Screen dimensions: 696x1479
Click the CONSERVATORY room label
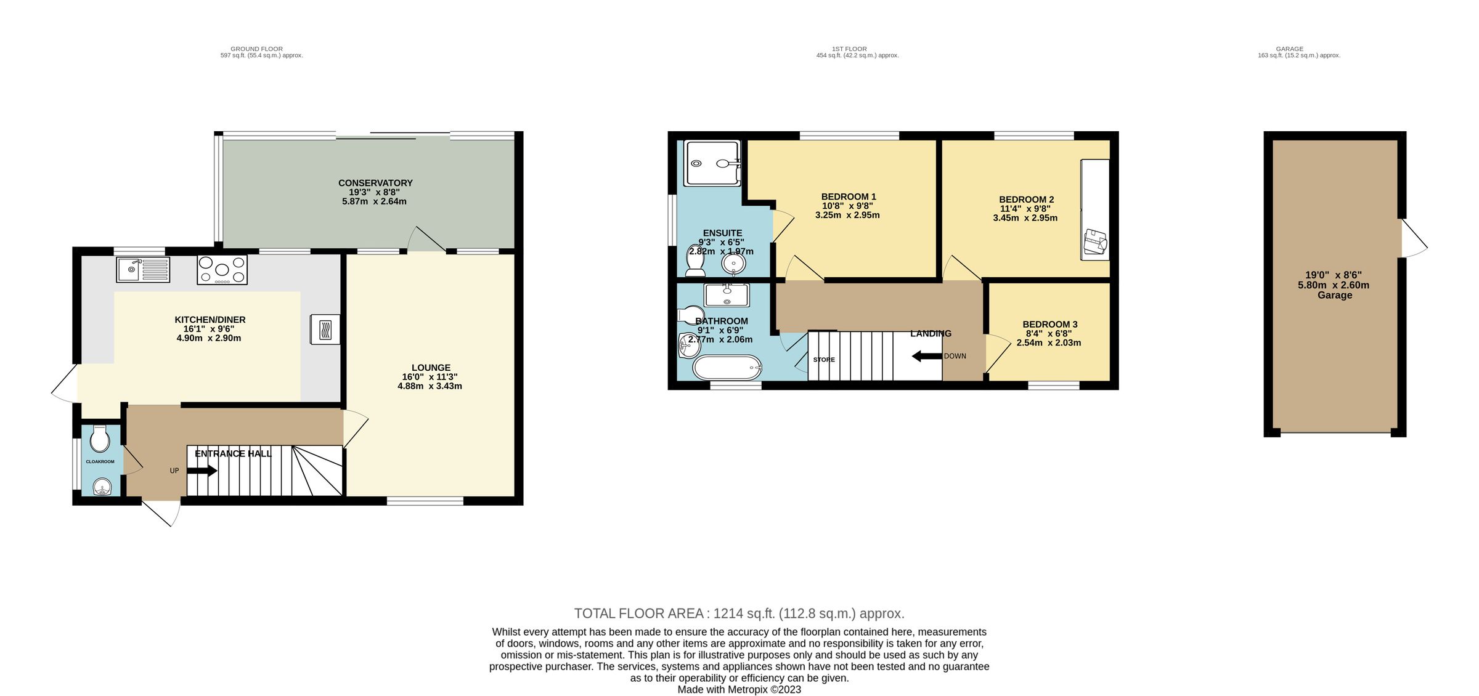[375, 183]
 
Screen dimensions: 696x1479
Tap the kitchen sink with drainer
[143, 270]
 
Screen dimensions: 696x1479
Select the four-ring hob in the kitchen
[222, 270]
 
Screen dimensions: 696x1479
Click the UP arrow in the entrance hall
[202, 471]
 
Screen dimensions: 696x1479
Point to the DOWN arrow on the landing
[927, 356]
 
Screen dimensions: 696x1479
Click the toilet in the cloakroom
[99, 440]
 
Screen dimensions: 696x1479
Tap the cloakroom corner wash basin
[101, 488]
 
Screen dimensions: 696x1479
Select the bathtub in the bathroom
[727, 368]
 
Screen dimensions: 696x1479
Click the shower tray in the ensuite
[712, 163]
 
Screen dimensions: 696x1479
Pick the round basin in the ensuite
[733, 264]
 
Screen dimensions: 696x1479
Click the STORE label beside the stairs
[823, 360]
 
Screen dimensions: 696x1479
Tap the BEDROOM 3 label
[1049, 325]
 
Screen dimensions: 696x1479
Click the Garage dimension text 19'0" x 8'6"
[1334, 275]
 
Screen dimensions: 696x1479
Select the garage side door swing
[1414, 238]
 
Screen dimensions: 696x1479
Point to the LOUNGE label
[431, 368]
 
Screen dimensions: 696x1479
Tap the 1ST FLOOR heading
[849, 49]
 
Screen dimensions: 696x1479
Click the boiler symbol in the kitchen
[325, 330]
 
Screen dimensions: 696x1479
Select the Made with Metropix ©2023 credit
[739, 689]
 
